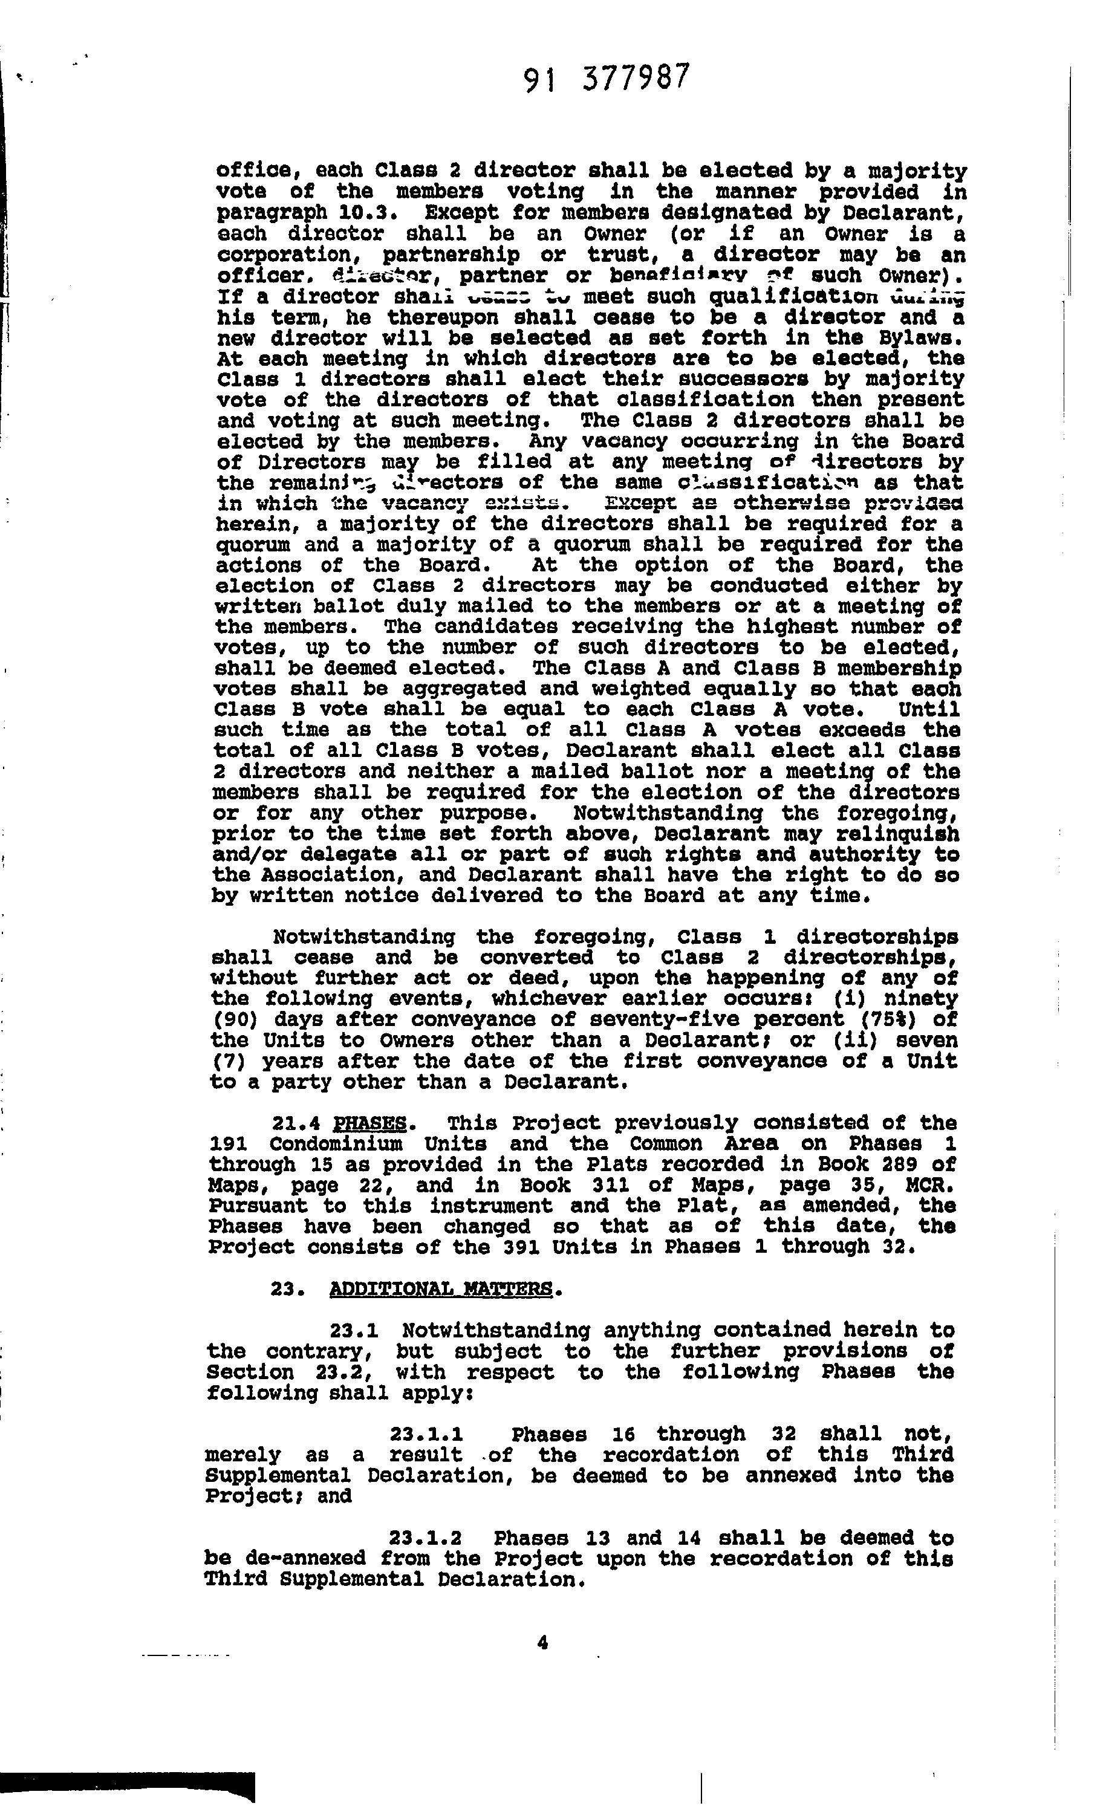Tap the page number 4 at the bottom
542,1643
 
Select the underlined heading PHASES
369,1123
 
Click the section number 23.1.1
426,1434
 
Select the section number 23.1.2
425,1538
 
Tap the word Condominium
336,1145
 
